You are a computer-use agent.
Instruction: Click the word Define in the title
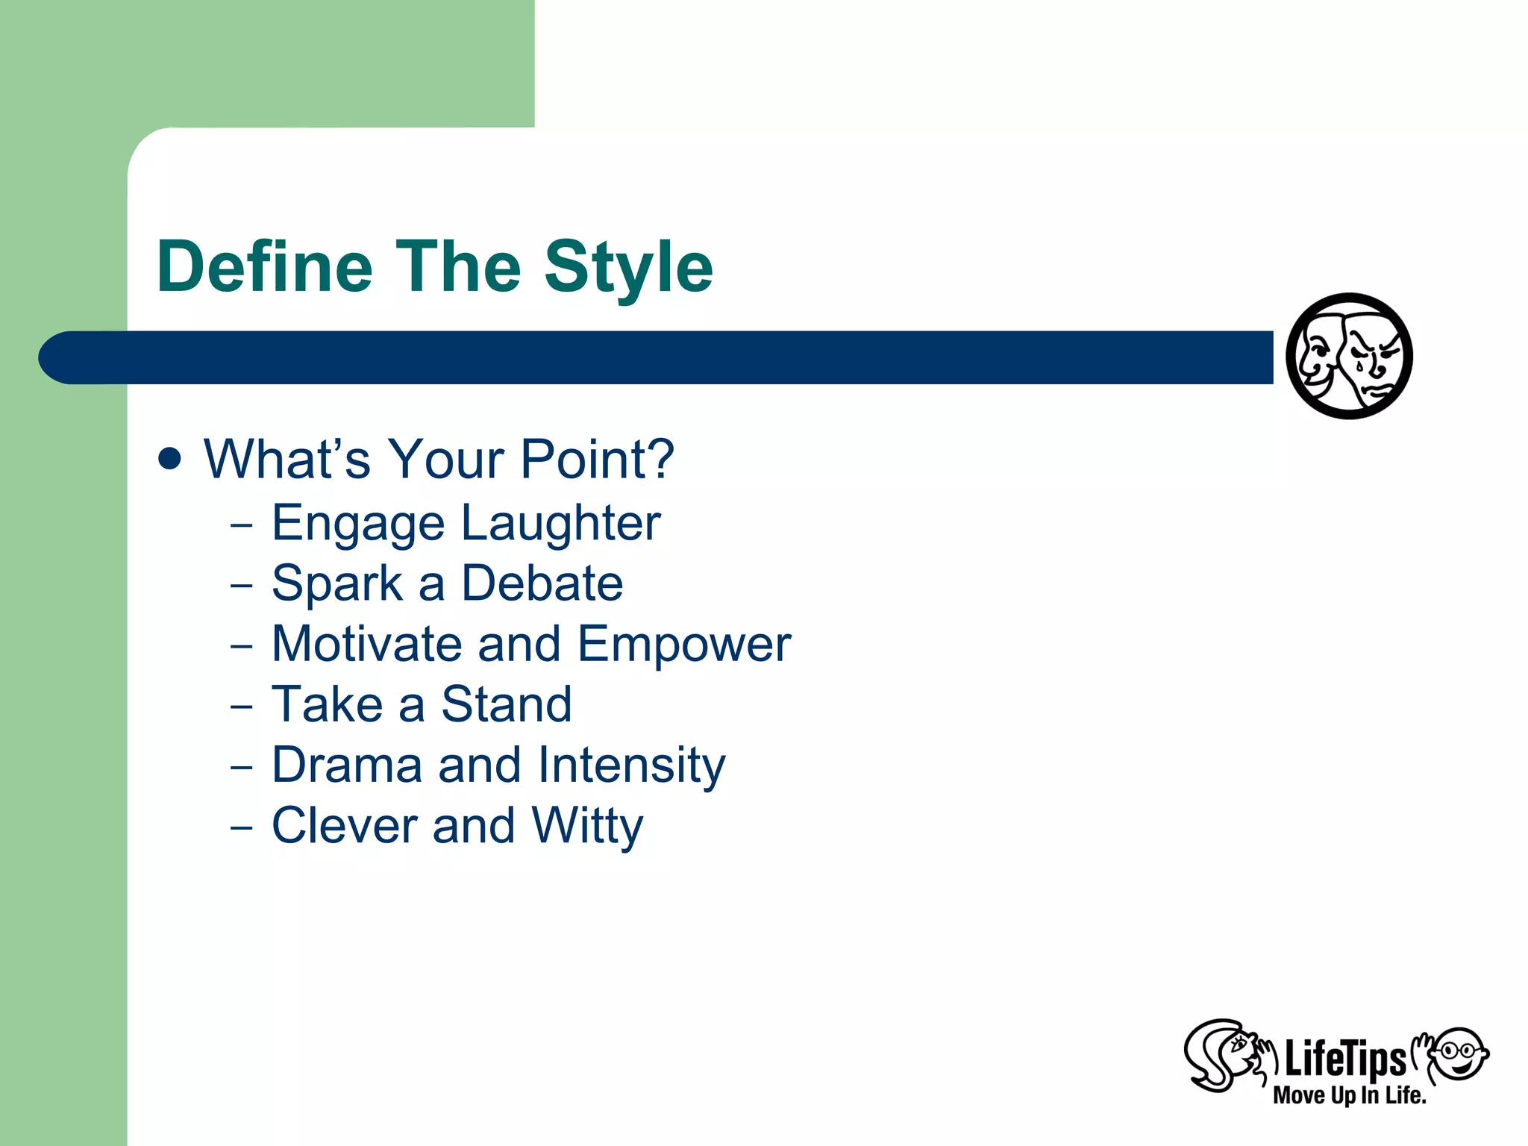click(264, 267)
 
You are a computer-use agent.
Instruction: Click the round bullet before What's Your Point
click(170, 458)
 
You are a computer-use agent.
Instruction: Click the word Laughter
click(560, 523)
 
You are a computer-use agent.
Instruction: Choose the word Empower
click(683, 645)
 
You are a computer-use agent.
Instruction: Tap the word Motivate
click(366, 644)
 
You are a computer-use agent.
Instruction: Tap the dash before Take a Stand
click(242, 706)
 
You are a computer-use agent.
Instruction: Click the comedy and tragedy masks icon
click(1349, 356)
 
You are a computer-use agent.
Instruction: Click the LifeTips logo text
click(1344, 1059)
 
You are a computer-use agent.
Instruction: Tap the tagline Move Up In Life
click(1349, 1095)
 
